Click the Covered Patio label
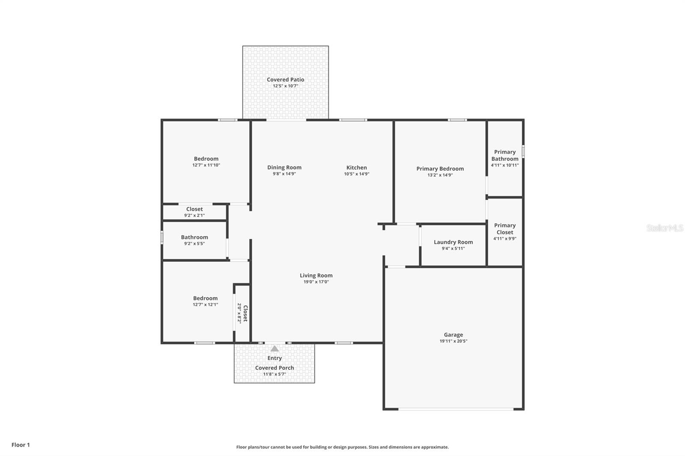[x=285, y=80]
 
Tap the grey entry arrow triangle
[x=274, y=349]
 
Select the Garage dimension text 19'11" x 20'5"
[x=453, y=341]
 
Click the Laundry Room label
[x=453, y=242]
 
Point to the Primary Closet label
[x=505, y=229]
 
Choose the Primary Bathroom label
[x=505, y=155]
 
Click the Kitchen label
[x=356, y=168]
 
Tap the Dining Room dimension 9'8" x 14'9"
[x=284, y=174]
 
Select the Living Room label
[x=316, y=275]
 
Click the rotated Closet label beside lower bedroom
[x=245, y=313]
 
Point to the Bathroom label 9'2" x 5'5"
[x=194, y=237]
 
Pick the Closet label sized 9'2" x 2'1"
[x=194, y=209]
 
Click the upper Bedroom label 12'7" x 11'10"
[x=206, y=159]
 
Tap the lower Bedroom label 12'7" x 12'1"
[x=205, y=298]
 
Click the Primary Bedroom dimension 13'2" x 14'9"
[x=440, y=175]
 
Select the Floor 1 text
[x=21, y=445]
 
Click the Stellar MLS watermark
[x=664, y=228]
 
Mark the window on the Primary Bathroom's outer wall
[x=523, y=152]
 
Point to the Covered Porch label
[x=274, y=368]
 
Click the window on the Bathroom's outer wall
[x=162, y=237]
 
